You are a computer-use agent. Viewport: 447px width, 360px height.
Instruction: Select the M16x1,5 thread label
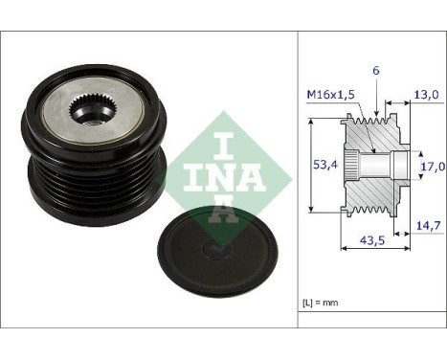tap(330, 94)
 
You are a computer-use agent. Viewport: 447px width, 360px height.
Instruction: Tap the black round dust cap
tap(215, 254)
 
